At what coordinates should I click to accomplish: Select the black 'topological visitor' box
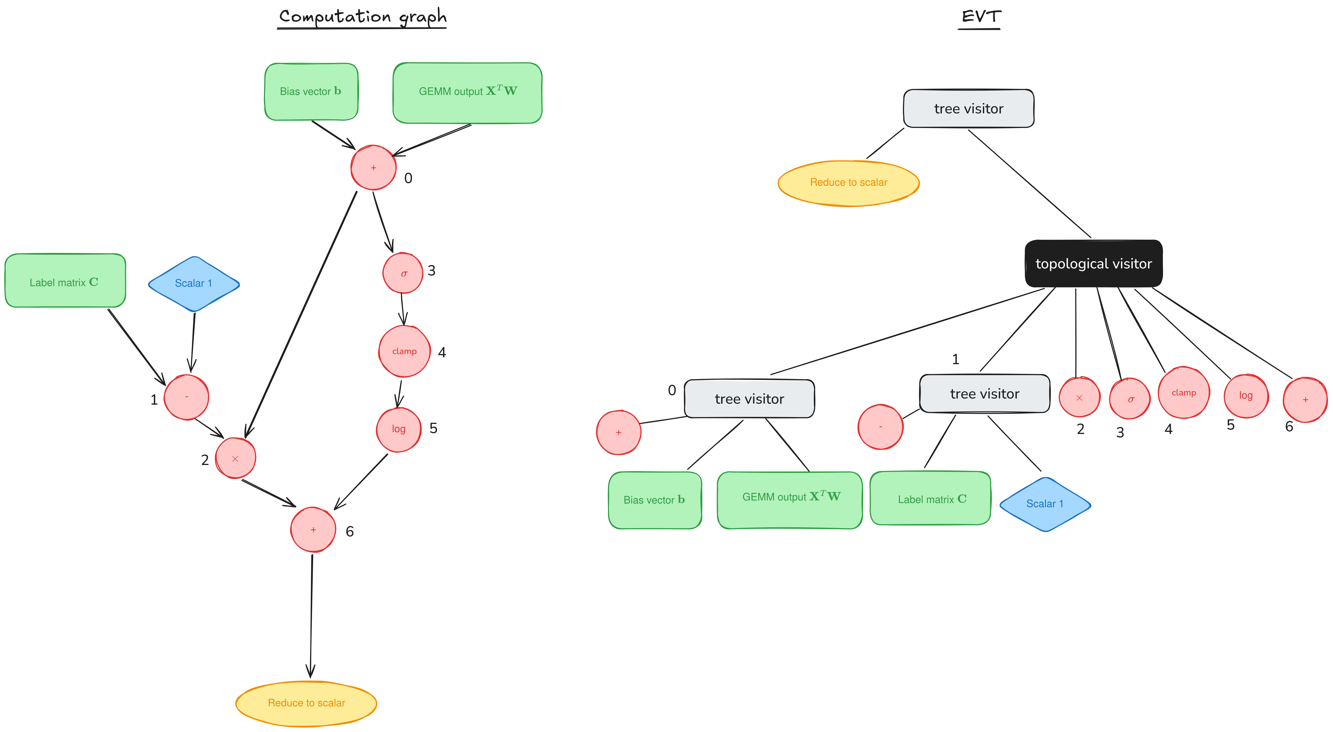[x=1093, y=263]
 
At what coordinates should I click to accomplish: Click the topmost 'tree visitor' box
[x=969, y=108]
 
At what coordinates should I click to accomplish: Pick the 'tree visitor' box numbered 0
[x=749, y=398]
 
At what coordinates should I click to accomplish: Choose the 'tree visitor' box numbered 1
[x=985, y=393]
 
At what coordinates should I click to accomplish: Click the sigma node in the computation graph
[x=403, y=273]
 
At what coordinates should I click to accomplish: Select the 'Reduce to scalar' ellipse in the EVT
[x=849, y=183]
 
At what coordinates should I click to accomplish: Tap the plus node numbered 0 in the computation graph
[x=373, y=168]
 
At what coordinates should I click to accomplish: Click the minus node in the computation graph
[x=186, y=397]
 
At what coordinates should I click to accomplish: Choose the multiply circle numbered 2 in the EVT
[x=1079, y=397]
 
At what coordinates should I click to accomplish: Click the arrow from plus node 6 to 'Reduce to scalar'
[x=311, y=616]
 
